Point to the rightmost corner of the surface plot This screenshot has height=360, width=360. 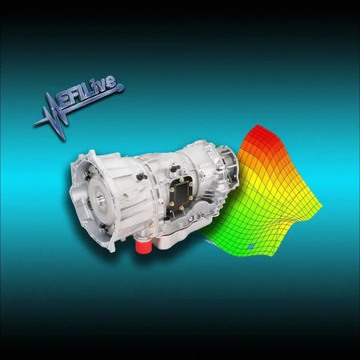[x=322, y=210]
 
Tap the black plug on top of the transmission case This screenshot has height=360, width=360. [x=142, y=176]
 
